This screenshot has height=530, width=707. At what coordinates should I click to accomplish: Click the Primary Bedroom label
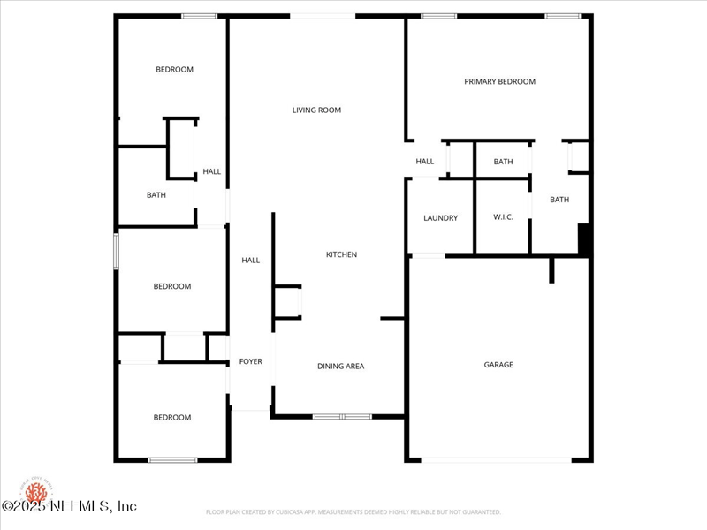(x=499, y=82)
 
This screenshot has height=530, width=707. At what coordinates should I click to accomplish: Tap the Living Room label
(x=316, y=110)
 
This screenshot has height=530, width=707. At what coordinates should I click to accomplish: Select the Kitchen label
(x=341, y=255)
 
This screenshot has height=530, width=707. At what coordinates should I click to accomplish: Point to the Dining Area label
(x=340, y=367)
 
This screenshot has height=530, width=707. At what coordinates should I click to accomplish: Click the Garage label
(x=498, y=365)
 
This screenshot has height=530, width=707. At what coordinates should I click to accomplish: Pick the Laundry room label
(x=440, y=218)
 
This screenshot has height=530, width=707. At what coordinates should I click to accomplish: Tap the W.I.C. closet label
(x=504, y=218)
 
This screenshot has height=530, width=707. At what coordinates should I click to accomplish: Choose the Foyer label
(x=250, y=361)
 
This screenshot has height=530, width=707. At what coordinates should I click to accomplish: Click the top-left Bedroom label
(x=174, y=70)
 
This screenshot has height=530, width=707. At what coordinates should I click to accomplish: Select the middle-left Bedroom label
(x=171, y=286)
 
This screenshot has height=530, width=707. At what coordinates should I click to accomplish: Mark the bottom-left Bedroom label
(x=171, y=418)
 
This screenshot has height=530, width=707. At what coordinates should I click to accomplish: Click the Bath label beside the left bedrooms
(x=156, y=195)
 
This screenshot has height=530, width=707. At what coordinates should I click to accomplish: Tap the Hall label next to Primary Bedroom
(x=425, y=162)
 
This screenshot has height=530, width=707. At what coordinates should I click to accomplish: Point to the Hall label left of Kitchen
(x=251, y=261)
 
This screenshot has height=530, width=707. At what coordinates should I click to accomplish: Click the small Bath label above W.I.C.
(x=503, y=162)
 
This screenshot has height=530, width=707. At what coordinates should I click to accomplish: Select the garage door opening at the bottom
(x=495, y=459)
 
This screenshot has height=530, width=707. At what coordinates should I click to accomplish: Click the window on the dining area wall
(x=342, y=416)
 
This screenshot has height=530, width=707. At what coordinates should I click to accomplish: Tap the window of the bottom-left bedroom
(x=172, y=459)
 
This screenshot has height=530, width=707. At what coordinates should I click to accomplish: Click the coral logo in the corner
(x=36, y=490)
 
